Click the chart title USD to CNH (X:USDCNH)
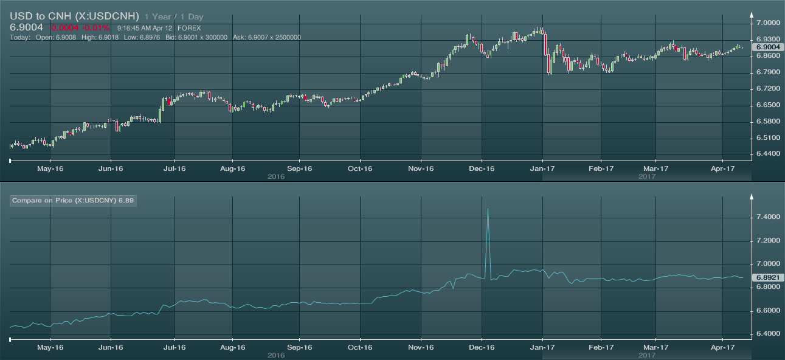click(x=74, y=16)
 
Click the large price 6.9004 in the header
click(x=27, y=28)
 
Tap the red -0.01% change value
click(x=98, y=28)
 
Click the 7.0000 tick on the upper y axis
click(x=767, y=22)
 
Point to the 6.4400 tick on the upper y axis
click(x=767, y=154)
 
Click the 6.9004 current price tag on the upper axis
click(x=767, y=47)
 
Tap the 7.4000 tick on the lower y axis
click(x=767, y=217)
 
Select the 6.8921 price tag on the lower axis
click(x=767, y=277)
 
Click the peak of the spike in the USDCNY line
click(x=488, y=209)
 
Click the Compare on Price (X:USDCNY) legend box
click(x=73, y=200)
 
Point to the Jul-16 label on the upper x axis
click(x=175, y=168)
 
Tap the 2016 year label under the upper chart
click(x=276, y=176)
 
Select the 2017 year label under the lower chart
click(x=647, y=355)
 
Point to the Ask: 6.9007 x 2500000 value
click(x=267, y=37)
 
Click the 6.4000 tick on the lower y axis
click(x=767, y=334)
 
